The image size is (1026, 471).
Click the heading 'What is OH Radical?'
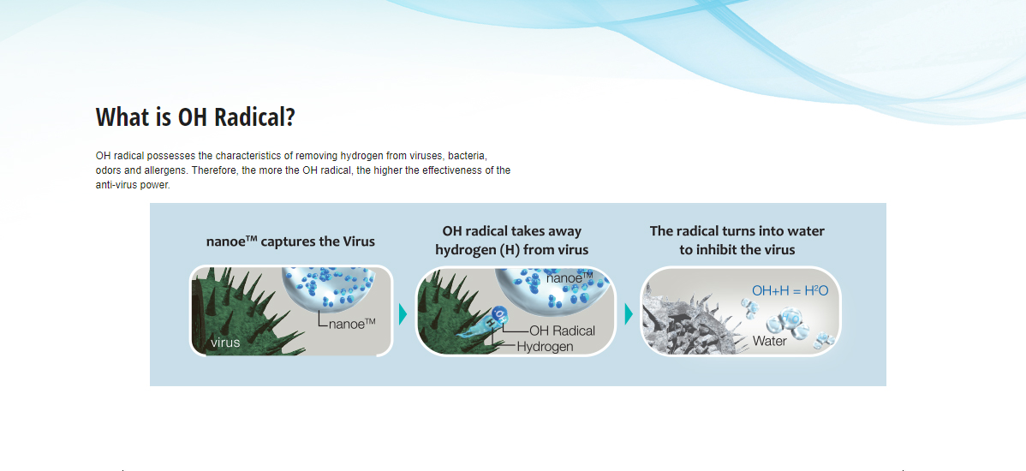[195, 117]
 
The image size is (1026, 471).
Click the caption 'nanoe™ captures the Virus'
[290, 241]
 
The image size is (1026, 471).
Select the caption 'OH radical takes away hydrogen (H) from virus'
[511, 240]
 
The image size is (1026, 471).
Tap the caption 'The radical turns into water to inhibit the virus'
[737, 240]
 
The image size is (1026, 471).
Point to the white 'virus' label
[225, 343]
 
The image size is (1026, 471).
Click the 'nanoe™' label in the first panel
[353, 323]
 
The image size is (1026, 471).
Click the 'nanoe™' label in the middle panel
[570, 277]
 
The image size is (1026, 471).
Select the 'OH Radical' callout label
[562, 331]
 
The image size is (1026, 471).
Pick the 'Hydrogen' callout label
[545, 347]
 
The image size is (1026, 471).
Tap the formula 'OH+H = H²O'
[790, 289]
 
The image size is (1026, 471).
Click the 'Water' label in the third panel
[769, 341]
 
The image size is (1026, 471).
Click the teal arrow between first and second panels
[403, 314]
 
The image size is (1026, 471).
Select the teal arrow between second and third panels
[629, 314]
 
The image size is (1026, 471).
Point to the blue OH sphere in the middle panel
[499, 314]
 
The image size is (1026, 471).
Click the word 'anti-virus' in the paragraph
[115, 185]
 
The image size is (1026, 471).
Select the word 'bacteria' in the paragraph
[466, 156]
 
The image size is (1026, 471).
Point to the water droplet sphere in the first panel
[329, 288]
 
